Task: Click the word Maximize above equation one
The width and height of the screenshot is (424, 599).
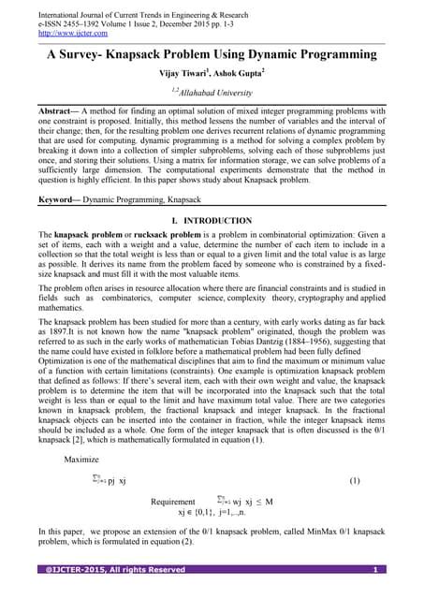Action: [82, 460]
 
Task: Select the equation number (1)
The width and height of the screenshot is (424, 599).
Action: [354, 481]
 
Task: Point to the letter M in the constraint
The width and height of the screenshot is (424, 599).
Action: [270, 502]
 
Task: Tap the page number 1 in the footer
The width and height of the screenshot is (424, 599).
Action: [374, 570]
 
